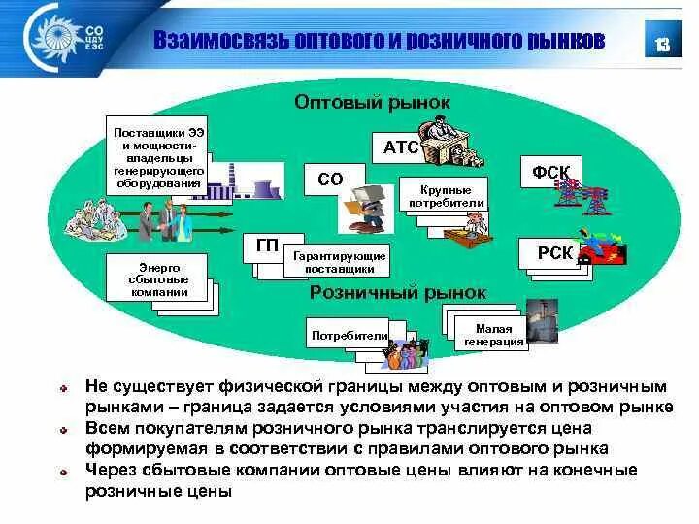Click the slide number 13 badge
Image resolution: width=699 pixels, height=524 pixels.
pyautogui.click(x=663, y=44)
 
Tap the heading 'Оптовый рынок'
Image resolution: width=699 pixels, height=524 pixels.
pyautogui.click(x=373, y=101)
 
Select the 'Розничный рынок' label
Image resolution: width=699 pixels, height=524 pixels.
pyautogui.click(x=398, y=292)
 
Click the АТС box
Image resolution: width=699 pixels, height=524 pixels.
pyautogui.click(x=401, y=148)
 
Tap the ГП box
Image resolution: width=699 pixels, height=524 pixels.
pyautogui.click(x=265, y=246)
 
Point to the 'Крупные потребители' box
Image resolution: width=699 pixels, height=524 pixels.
pyautogui.click(x=452, y=197)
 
